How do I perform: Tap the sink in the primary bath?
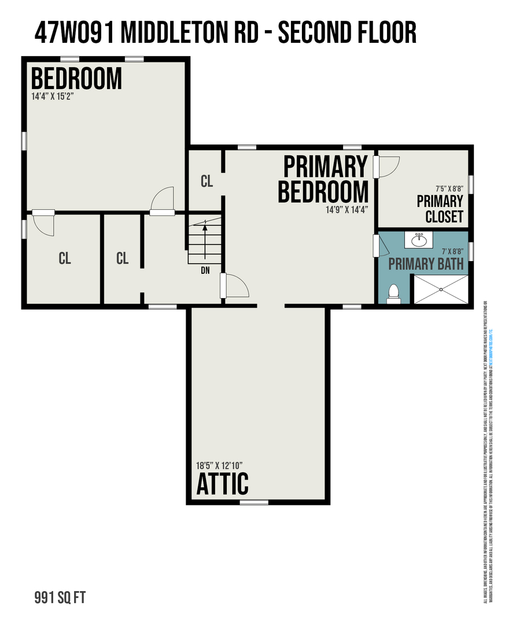[421, 239]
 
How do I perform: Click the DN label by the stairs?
[205, 270]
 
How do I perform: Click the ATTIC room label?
[223, 484]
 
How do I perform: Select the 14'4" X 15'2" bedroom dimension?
[53, 96]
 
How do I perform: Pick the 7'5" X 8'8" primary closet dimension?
[449, 188]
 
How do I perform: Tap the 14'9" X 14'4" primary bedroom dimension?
[347, 210]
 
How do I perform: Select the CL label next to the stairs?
[207, 181]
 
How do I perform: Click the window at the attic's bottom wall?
[254, 502]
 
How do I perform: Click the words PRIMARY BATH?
[426, 265]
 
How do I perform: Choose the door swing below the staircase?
[237, 285]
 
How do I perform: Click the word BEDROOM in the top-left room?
[76, 79]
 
